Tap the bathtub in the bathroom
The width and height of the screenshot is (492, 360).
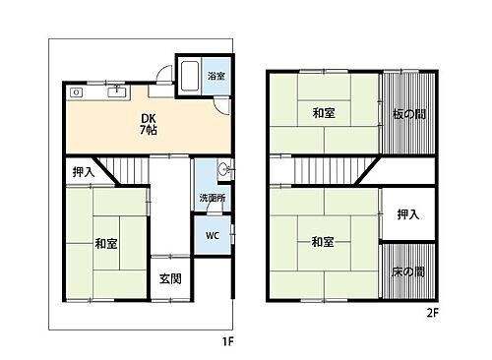coord(191,75)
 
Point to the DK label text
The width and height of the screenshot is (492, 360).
coord(145,119)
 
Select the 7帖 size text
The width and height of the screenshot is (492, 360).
coord(145,132)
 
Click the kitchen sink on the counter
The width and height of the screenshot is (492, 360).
coord(117,91)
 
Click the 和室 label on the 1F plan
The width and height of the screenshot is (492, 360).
coord(107,243)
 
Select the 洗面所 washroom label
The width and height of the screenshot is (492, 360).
coord(211,198)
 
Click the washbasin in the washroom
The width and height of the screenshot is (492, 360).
coord(224,170)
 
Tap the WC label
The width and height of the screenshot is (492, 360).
coord(212,237)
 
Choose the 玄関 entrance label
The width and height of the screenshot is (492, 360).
coord(169,278)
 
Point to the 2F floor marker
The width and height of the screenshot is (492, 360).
coord(431,314)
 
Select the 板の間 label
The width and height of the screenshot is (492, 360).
coord(406,113)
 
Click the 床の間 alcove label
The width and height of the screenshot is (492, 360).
coord(406,270)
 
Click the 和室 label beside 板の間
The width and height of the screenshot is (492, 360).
coord(324,112)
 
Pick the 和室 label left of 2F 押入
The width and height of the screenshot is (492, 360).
coord(324,241)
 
